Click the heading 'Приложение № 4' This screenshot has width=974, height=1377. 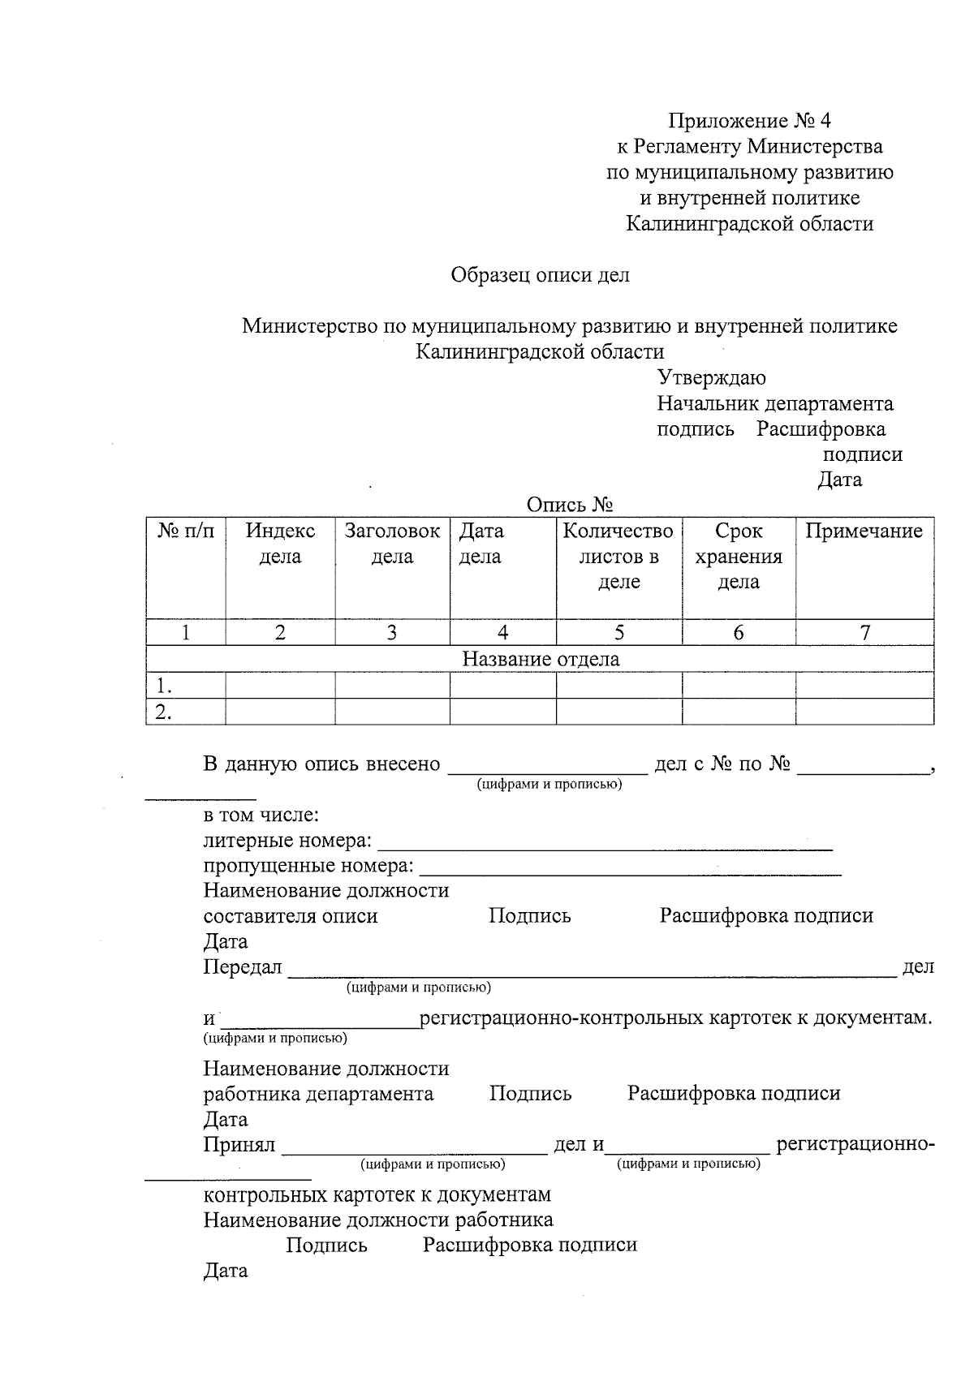(749, 122)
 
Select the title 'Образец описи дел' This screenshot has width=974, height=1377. (540, 275)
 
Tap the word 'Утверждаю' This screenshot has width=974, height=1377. (711, 378)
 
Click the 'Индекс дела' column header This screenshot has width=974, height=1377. (280, 544)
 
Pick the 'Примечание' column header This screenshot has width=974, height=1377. (864, 531)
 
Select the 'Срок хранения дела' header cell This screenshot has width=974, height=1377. (739, 556)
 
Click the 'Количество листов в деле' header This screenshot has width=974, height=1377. (618, 556)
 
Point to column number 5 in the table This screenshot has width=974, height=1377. (618, 633)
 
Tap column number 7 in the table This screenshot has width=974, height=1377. (864, 633)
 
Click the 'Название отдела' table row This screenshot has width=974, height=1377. (540, 659)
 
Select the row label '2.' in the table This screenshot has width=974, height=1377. (164, 712)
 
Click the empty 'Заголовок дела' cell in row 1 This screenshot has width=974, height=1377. (392, 686)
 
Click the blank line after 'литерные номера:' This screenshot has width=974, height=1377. (605, 844)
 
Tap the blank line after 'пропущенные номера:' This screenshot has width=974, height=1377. (629, 870)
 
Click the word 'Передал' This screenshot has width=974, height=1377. (242, 967)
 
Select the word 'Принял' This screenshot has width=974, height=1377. (239, 1145)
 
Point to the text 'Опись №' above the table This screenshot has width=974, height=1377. (569, 506)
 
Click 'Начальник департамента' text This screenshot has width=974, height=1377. (774, 404)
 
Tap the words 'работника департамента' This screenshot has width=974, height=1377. (318, 1094)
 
